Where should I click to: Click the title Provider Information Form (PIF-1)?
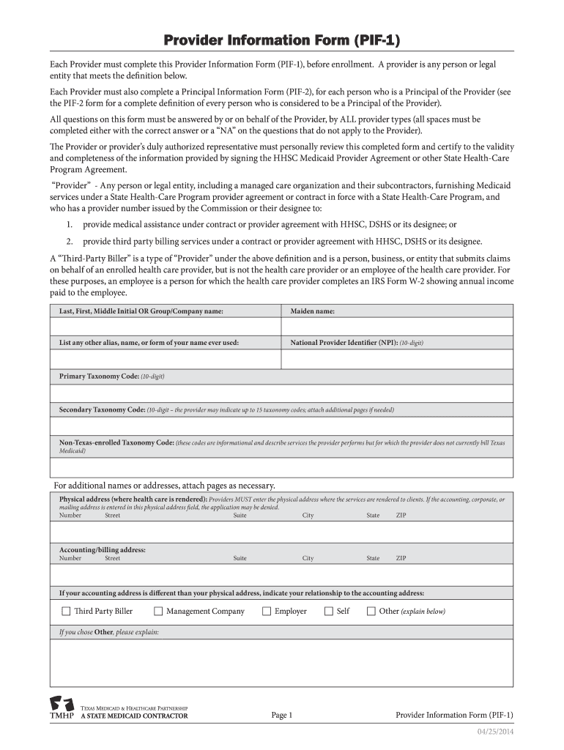click(x=282, y=40)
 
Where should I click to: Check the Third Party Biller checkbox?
click(x=66, y=611)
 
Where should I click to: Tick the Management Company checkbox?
click(x=158, y=611)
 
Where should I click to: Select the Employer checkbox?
click(x=267, y=611)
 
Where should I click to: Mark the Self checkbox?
click(x=329, y=611)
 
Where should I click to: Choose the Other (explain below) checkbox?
click(x=371, y=611)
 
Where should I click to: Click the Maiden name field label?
click(x=313, y=311)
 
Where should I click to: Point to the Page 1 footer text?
click(x=282, y=715)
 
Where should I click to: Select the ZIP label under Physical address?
click(x=401, y=516)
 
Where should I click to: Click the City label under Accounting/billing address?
click(x=308, y=558)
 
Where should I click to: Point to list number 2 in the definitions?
click(x=69, y=242)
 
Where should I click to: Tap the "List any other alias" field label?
click(x=149, y=342)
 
